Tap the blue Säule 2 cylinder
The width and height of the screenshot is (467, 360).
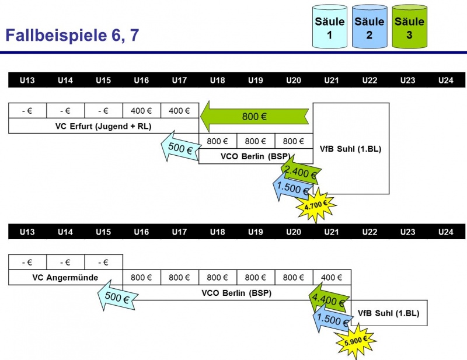[370, 27]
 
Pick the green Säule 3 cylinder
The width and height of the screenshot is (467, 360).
[409, 27]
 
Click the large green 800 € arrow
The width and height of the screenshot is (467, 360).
[255, 117]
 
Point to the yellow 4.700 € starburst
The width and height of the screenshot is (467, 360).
[316, 204]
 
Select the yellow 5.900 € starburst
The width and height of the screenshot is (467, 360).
[356, 339]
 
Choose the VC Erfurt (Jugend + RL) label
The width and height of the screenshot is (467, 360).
[103, 125]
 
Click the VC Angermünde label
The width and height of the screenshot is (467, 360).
[65, 277]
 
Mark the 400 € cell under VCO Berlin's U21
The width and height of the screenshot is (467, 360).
[332, 277]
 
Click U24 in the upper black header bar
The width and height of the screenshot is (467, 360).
[445, 80]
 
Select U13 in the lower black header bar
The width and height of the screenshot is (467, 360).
[27, 232]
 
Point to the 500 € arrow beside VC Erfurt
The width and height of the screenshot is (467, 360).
[179, 150]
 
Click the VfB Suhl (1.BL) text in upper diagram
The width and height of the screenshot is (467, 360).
[351, 149]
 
